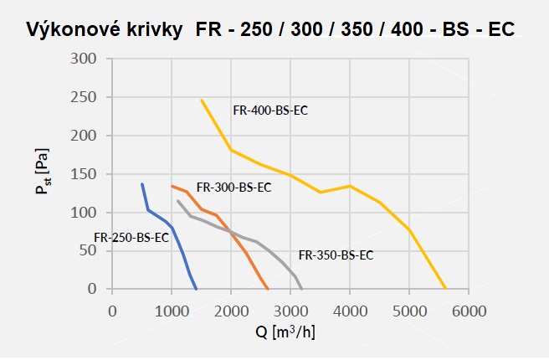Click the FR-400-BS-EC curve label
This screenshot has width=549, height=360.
270,111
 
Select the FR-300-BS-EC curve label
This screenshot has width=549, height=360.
233,188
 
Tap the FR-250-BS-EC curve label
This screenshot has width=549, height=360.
131,238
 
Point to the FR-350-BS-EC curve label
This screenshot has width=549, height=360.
336,255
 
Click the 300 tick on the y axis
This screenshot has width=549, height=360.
84,59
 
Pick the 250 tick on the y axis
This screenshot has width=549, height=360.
84,97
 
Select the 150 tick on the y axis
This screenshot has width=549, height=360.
84,174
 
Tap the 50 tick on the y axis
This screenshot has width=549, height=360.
88,250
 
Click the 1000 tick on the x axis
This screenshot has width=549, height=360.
172,311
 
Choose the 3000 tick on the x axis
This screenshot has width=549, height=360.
290,311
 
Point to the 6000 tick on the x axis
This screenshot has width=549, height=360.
469,311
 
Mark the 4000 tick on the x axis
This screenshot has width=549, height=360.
350,311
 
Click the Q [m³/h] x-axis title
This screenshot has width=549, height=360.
285,332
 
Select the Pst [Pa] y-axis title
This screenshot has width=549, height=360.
43,172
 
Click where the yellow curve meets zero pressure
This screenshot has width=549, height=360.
445,289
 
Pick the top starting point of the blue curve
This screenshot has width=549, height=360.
141,183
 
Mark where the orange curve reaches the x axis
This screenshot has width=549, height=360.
268,289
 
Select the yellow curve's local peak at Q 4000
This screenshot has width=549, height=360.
350,186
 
